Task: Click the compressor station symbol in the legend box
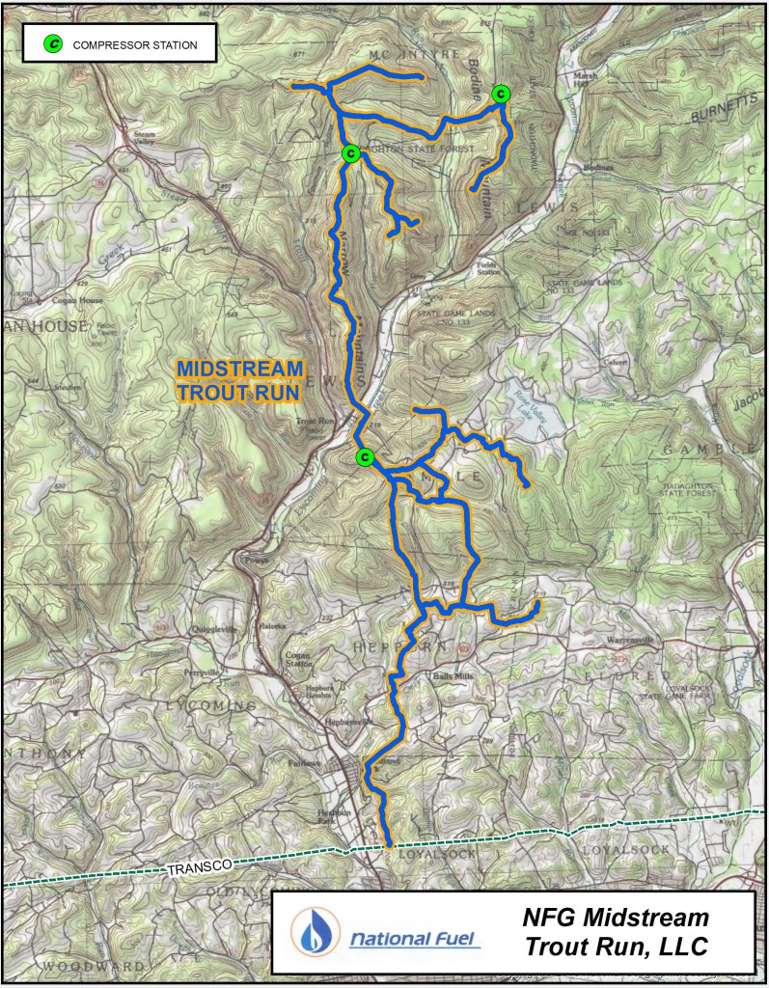tap(55, 43)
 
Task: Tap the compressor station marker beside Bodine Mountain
tap(501, 93)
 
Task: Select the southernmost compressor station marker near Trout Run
tap(364, 456)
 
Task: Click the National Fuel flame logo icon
tap(315, 932)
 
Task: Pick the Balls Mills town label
tap(453, 677)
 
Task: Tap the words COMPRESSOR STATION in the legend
tap(135, 44)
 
